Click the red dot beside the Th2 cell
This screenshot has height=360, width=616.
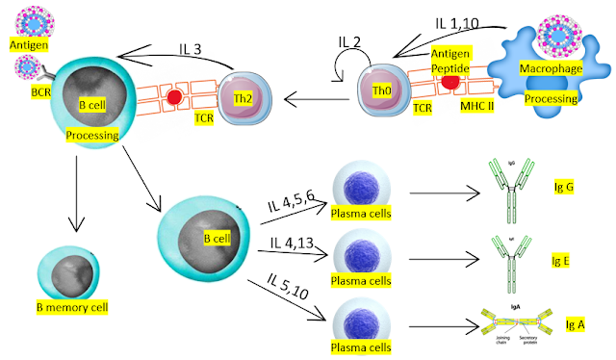pyautogui.click(x=175, y=98)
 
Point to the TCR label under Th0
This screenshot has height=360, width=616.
pyautogui.click(x=421, y=111)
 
